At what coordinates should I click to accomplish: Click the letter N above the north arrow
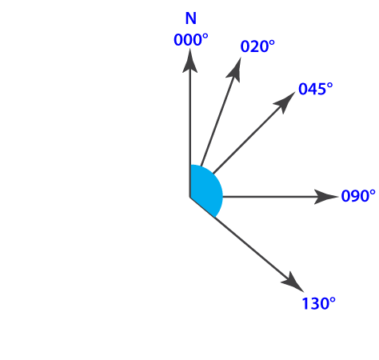coord(191,18)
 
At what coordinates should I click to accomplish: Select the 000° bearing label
coord(191,40)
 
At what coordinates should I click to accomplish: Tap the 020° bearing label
coord(257,46)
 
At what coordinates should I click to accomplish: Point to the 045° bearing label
coord(316,89)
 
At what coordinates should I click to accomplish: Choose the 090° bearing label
coord(358,196)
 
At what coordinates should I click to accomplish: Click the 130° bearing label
coord(318,303)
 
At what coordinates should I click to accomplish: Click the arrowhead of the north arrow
coord(189,61)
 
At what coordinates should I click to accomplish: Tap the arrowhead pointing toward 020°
coord(235,70)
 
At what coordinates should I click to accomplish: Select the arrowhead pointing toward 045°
coord(285,102)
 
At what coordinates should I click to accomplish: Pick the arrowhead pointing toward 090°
coord(325,197)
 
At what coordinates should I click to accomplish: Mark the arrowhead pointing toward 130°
coord(293,282)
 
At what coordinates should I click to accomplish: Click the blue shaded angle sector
coord(205,190)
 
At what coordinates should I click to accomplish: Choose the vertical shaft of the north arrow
coord(189,134)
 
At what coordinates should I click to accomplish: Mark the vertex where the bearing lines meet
coord(189,197)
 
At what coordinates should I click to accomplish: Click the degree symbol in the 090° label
coord(373,192)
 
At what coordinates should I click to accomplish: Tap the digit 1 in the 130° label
coord(305,303)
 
